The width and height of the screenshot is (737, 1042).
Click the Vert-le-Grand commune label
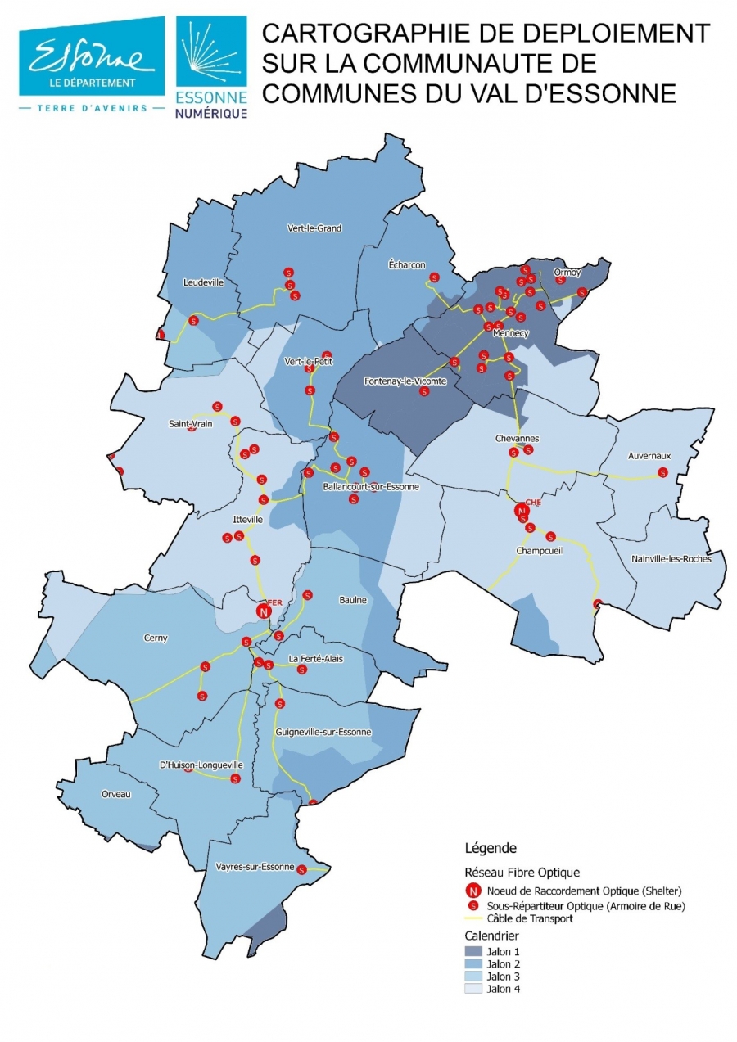click(314, 228)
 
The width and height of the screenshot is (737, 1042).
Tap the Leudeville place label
click(203, 282)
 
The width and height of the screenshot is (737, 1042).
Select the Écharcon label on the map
click(406, 265)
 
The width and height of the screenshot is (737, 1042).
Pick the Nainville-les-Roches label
click(671, 559)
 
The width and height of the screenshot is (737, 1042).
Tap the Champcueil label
click(539, 551)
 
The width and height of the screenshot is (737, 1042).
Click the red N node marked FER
click(264, 611)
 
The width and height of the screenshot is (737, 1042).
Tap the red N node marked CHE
click(521, 511)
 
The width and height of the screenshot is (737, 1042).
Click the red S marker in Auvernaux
click(662, 472)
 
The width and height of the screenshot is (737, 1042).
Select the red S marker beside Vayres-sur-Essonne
click(301, 869)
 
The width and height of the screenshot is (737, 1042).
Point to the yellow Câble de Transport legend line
click(473, 919)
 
